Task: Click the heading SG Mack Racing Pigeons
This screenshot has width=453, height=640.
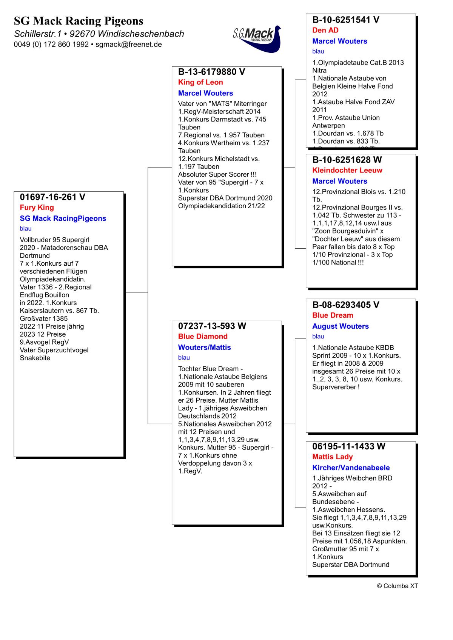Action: point(79,21)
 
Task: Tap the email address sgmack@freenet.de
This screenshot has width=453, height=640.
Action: point(128,44)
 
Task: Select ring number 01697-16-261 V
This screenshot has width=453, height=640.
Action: point(52,197)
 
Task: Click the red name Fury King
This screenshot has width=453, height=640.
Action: point(37,208)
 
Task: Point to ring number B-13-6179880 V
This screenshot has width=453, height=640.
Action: point(211,72)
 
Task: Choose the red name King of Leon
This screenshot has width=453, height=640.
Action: point(200,82)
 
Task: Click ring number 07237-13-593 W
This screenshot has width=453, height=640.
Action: point(212,326)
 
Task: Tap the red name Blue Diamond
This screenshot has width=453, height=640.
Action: point(203,337)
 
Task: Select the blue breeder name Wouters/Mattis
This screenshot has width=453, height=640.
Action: point(204,348)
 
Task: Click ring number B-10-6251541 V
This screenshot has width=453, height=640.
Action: point(346,20)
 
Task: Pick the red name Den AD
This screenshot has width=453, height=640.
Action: point(325,30)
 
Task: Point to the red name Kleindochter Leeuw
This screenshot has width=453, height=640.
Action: point(347,170)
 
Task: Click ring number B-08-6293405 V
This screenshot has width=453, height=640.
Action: point(346,305)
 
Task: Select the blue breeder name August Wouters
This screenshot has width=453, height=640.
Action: point(340,326)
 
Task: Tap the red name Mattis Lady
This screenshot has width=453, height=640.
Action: point(332,457)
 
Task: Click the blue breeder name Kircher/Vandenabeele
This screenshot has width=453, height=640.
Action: point(351,468)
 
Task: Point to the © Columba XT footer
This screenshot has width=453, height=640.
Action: point(397,586)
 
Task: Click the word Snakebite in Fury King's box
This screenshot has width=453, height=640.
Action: point(35,358)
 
